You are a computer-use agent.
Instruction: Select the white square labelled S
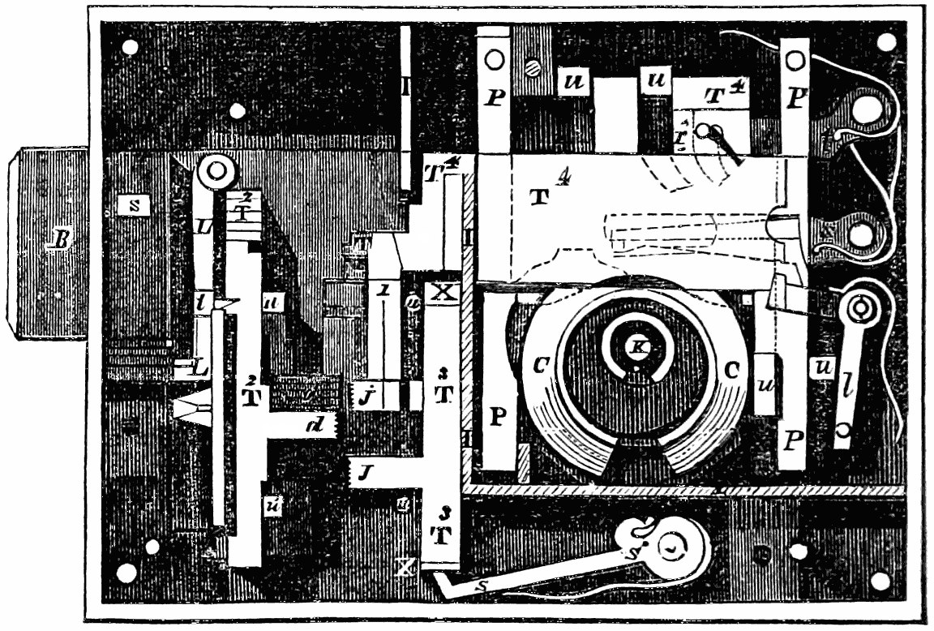pos(135,205)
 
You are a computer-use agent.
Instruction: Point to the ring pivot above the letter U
pos(216,171)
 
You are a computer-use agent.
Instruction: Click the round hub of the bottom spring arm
pos(673,548)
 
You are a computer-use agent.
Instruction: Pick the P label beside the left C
pos(499,416)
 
